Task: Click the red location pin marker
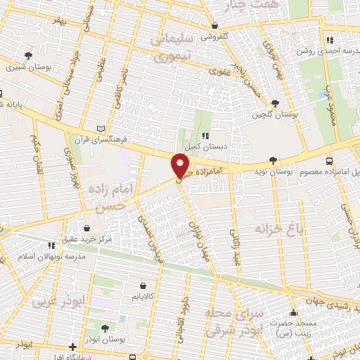(x=180, y=167)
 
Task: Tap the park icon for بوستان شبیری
(x=28, y=55)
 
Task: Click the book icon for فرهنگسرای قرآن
(x=103, y=127)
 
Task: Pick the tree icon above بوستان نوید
(x=274, y=160)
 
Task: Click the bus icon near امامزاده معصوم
(x=330, y=160)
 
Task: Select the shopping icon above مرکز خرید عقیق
(x=86, y=229)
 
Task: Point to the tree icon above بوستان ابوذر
(x=104, y=328)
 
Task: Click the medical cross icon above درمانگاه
(x=73, y=347)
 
